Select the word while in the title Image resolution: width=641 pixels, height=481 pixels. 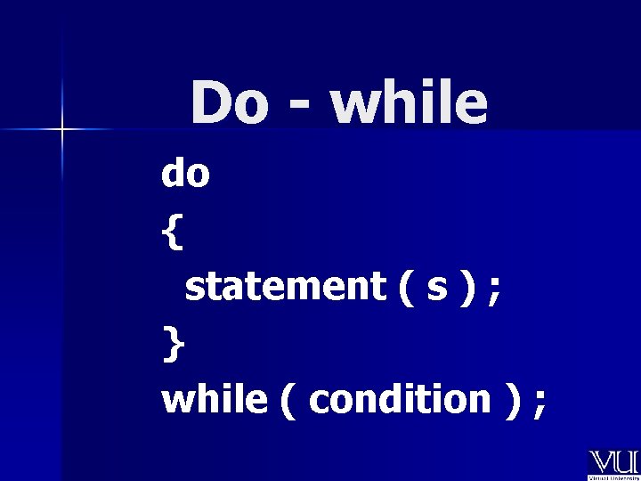409,103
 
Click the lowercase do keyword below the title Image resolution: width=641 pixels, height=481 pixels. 185,174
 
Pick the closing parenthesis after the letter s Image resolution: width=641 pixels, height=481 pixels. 465,288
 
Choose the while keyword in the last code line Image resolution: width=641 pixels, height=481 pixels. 214,400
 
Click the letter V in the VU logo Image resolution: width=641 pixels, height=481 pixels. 601,461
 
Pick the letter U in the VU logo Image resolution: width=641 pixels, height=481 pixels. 625,461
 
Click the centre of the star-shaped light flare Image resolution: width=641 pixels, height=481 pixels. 62,131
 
